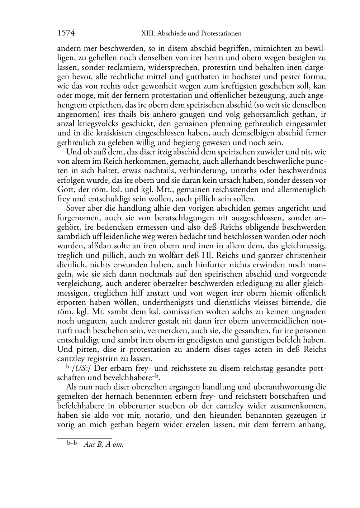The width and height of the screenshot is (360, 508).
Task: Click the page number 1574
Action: click(x=66, y=33)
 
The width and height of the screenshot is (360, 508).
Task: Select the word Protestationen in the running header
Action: click(x=220, y=34)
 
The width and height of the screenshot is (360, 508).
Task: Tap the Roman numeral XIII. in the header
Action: click(x=145, y=34)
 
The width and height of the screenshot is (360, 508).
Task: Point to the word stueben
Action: click(x=162, y=406)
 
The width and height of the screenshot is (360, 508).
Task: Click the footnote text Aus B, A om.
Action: click(x=104, y=445)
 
